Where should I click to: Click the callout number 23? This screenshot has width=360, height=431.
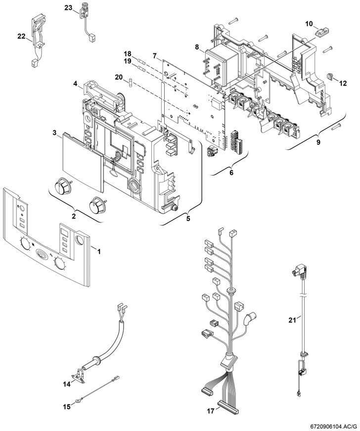click(x=68, y=8)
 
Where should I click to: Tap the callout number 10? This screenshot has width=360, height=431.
click(x=309, y=24)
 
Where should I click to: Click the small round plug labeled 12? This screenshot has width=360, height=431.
click(x=329, y=77)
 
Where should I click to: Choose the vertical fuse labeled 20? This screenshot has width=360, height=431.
click(x=131, y=83)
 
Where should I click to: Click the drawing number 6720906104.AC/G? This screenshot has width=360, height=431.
click(x=334, y=427)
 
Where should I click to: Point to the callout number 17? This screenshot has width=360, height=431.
click(x=211, y=411)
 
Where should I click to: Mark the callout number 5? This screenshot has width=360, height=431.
click(x=188, y=219)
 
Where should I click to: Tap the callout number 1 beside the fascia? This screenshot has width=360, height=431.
click(x=99, y=251)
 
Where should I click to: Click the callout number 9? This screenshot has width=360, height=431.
click(x=318, y=142)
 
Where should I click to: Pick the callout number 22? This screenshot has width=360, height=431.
click(x=21, y=36)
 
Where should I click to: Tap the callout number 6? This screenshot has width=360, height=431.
click(x=231, y=172)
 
